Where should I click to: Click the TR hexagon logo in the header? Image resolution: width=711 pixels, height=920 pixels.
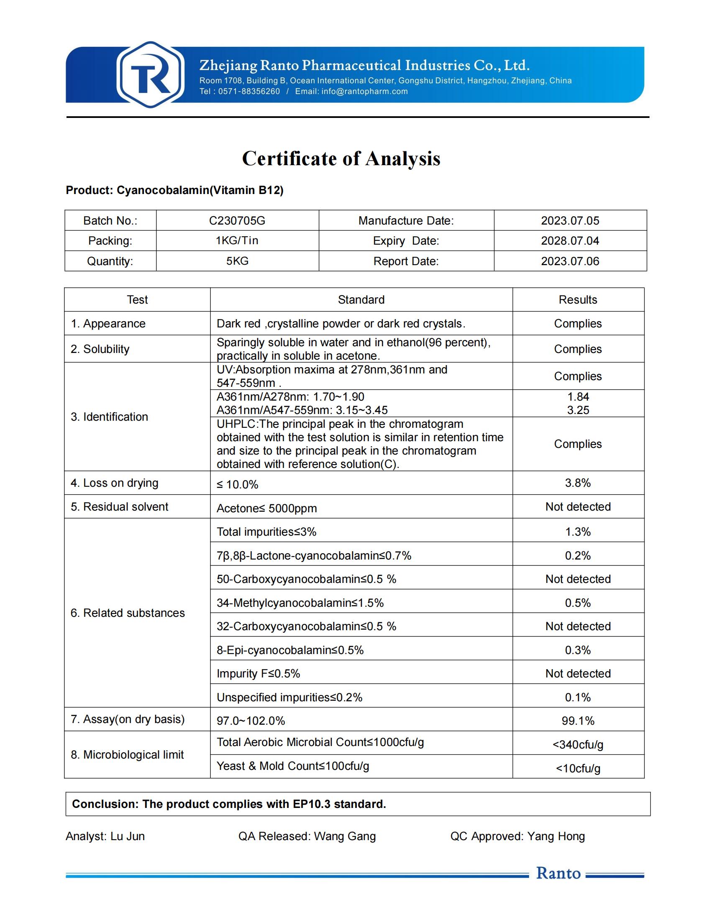click(x=151, y=74)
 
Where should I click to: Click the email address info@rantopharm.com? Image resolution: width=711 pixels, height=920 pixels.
click(x=364, y=92)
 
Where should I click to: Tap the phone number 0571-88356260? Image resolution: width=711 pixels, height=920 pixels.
click(x=249, y=92)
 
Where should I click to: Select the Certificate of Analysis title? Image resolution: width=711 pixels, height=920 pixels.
click(x=341, y=159)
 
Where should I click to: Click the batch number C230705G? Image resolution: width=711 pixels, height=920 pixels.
click(x=237, y=221)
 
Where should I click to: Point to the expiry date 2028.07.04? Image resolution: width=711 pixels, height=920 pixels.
click(x=570, y=241)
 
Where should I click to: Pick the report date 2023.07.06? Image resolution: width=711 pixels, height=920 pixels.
click(x=570, y=261)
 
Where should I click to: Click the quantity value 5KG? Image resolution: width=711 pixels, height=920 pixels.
click(x=237, y=261)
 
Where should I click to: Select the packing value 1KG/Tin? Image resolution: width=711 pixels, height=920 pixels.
click(x=237, y=241)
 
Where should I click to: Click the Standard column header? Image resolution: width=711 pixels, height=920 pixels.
click(x=361, y=300)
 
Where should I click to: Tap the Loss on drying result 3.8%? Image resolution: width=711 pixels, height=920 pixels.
click(x=578, y=483)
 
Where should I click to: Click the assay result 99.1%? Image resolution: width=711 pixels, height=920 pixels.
click(x=578, y=721)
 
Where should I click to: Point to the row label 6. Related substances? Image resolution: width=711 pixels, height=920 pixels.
click(x=128, y=613)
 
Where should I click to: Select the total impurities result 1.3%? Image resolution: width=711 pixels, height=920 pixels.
click(x=578, y=532)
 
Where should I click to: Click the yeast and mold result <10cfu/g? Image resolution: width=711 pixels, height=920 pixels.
click(x=578, y=768)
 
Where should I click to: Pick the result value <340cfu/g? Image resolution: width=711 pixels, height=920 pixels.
click(x=578, y=745)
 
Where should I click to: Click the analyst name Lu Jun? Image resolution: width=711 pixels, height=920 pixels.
click(x=128, y=836)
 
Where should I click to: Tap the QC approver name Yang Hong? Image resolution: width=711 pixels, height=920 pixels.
click(x=556, y=836)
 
